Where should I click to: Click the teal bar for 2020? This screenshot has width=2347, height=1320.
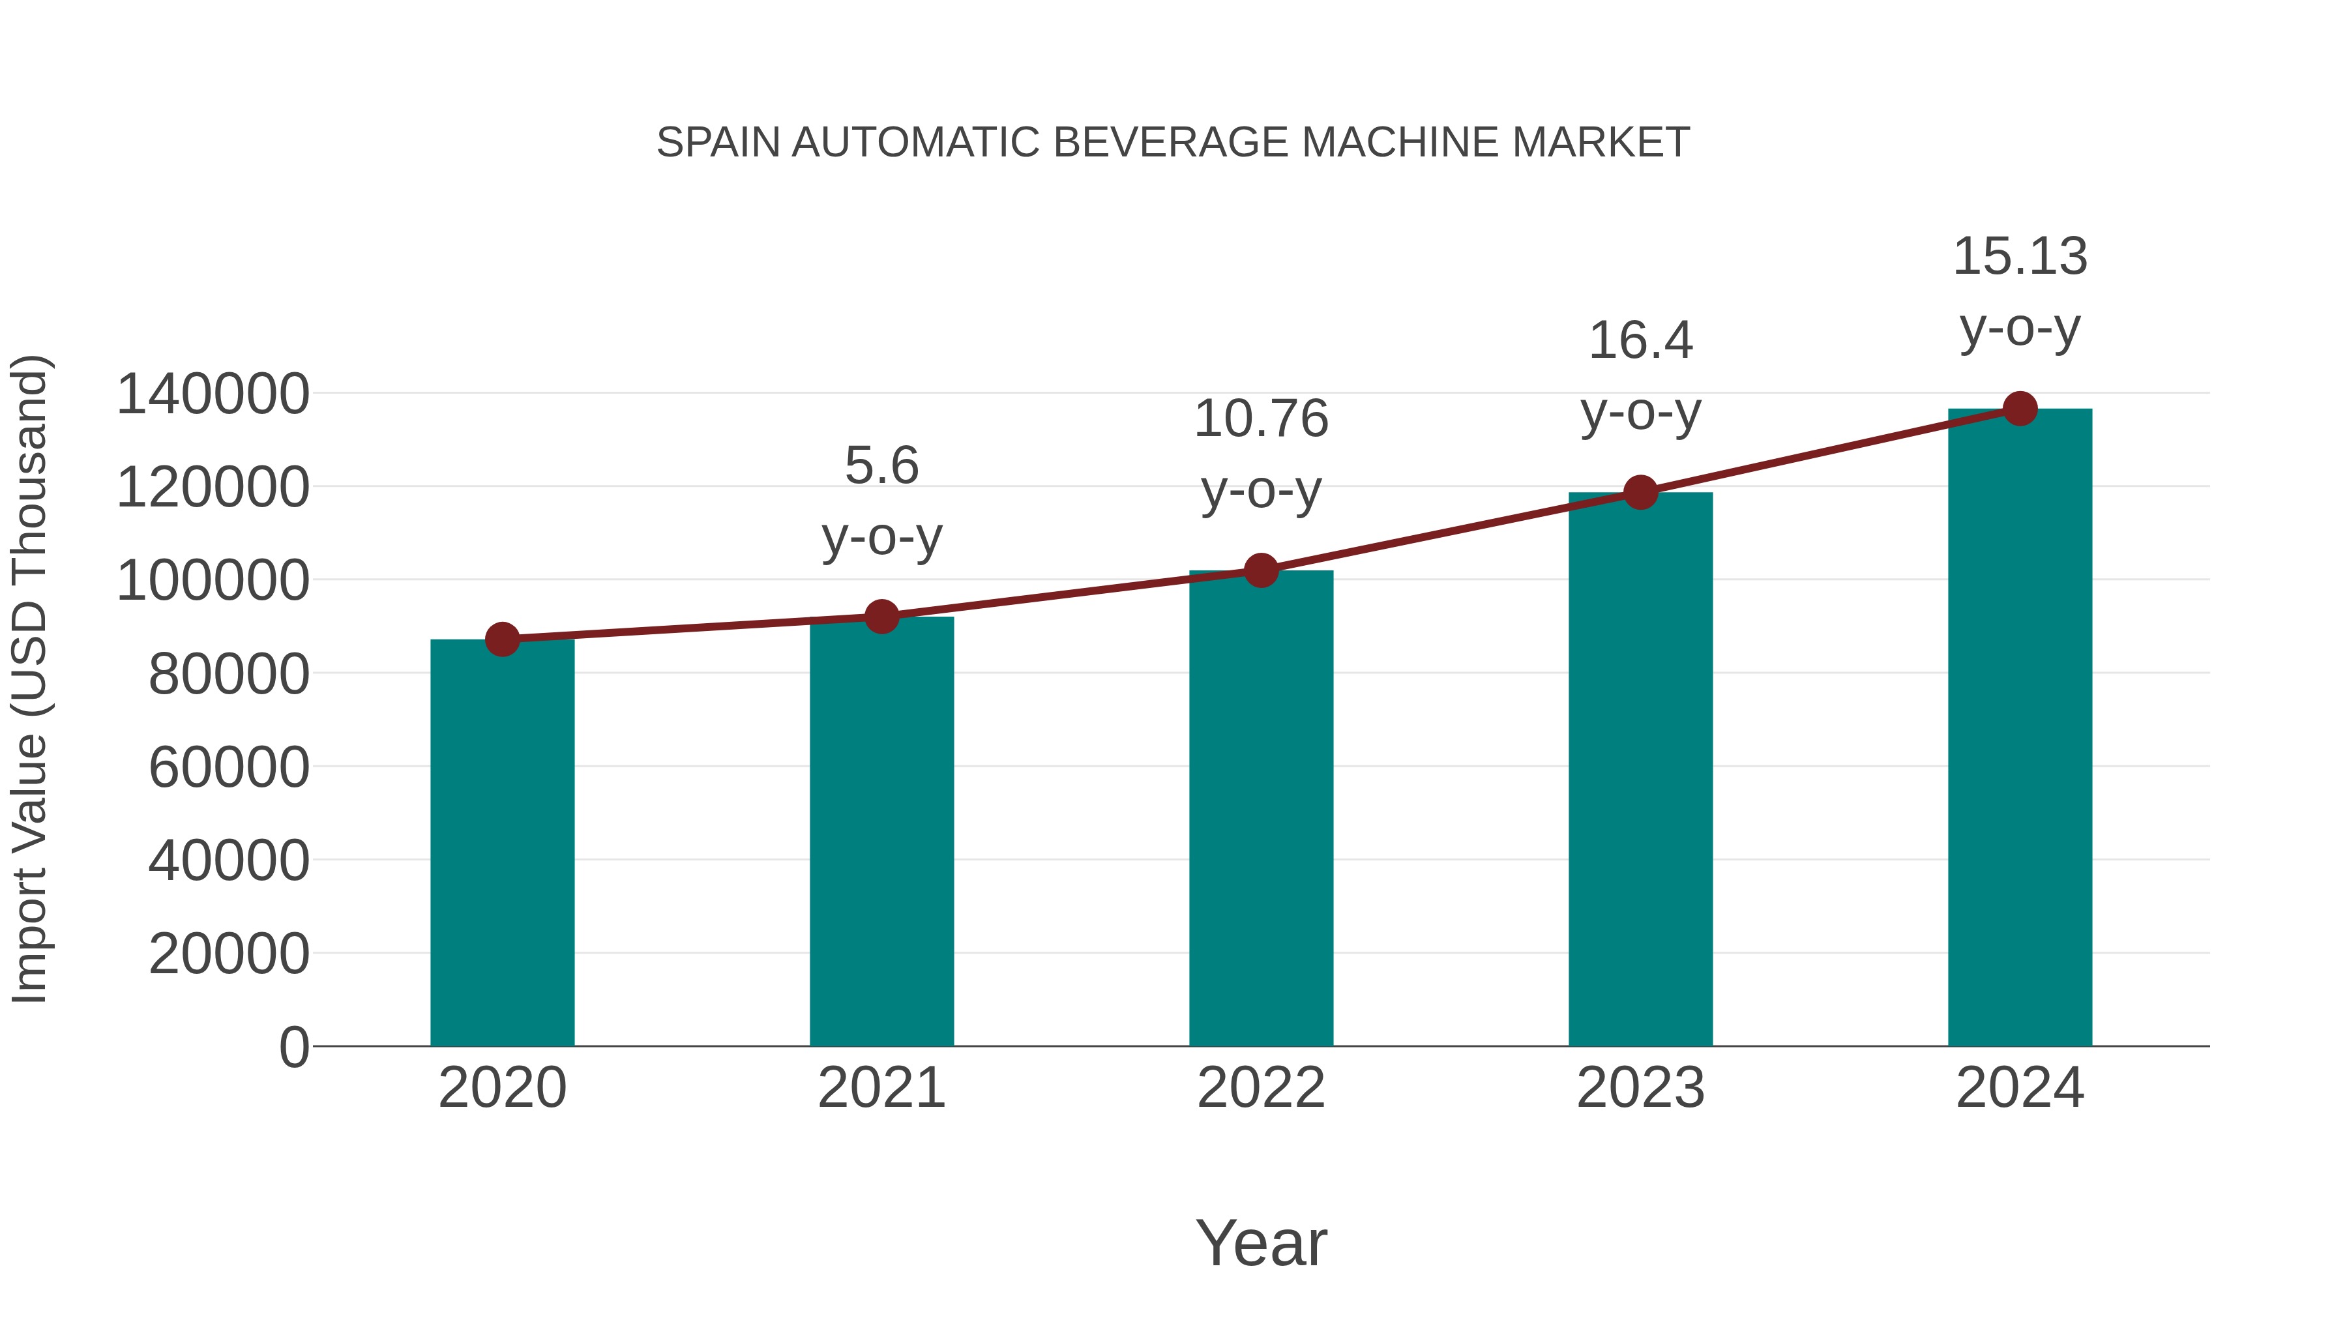tap(502, 843)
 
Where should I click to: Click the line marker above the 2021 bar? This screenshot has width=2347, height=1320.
tap(881, 617)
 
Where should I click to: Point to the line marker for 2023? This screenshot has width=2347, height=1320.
tap(1640, 492)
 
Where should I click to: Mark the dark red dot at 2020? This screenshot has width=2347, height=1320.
tap(502, 639)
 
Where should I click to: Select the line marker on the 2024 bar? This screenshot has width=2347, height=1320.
tap(2020, 408)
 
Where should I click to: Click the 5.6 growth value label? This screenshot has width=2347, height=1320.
tap(881, 465)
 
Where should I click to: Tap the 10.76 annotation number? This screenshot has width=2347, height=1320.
tap(1261, 419)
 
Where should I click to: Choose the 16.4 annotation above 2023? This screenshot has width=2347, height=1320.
tap(1640, 341)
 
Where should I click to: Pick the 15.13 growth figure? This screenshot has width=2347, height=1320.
tap(2020, 256)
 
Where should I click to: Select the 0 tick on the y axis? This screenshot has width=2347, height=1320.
tap(294, 1047)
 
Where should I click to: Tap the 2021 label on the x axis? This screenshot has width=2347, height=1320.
tap(881, 1088)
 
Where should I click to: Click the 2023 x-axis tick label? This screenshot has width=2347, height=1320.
tap(1640, 1088)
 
